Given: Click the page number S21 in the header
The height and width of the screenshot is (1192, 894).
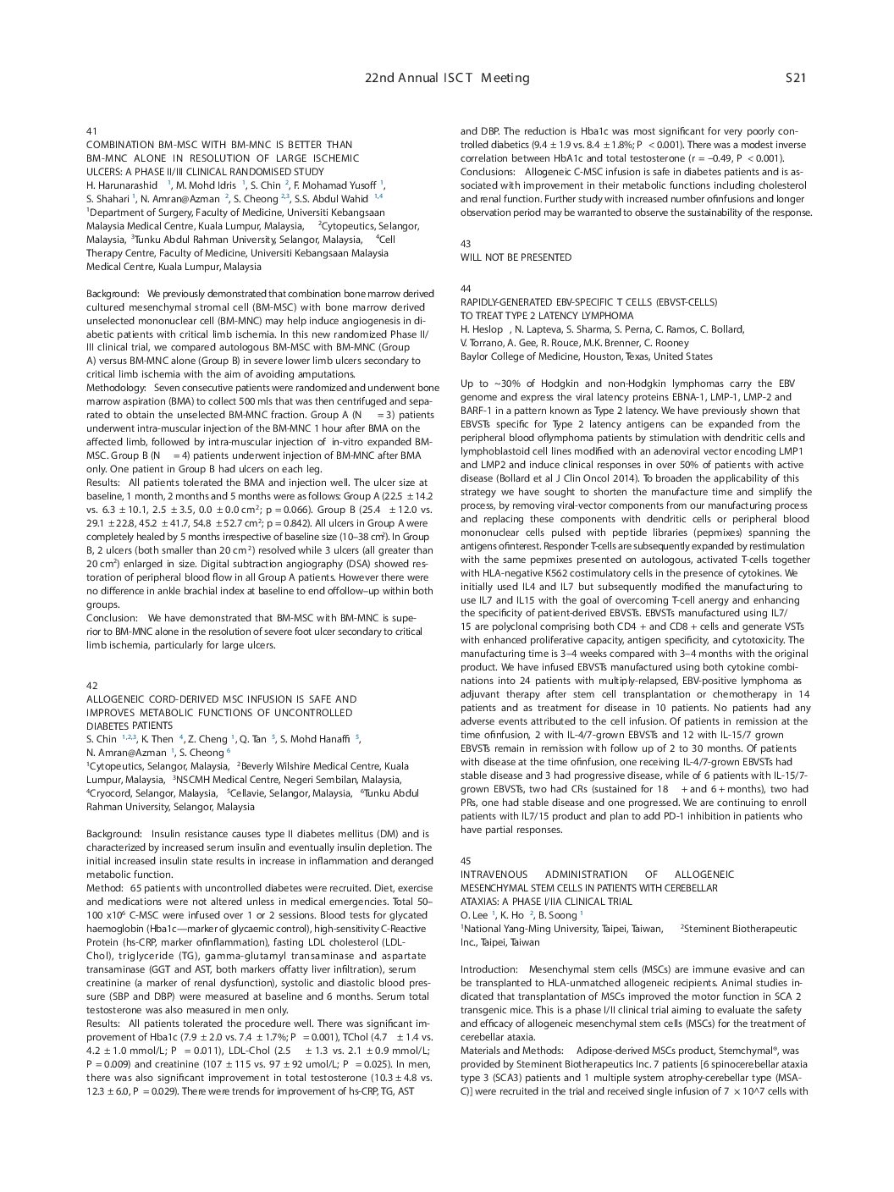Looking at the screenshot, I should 795,78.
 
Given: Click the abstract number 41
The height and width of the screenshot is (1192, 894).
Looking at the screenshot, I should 91,131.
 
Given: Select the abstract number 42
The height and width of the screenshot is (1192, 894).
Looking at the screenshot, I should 91,686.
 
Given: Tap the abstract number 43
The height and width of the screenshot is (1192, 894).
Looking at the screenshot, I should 466,244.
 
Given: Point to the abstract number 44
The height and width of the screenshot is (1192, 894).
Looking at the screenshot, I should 466,289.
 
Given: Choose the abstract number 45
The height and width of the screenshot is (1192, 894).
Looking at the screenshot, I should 466,861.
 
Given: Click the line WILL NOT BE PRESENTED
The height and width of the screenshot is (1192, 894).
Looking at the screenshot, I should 516,257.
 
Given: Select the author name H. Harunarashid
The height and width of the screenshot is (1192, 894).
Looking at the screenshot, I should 122,185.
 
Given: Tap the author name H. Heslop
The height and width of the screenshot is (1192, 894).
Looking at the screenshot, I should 483,329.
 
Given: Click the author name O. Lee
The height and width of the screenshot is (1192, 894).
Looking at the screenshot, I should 474,915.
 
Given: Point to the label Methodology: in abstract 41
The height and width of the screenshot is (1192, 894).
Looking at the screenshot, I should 116,388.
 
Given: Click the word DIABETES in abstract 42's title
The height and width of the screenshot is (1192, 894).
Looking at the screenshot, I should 108,726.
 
